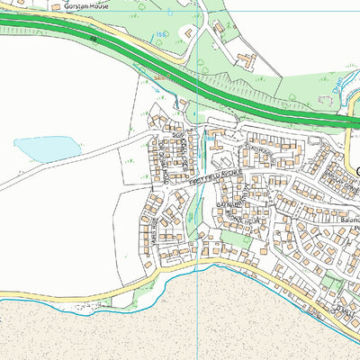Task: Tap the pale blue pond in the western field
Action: (x=47, y=148)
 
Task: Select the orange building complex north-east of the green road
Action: (x=245, y=60)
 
